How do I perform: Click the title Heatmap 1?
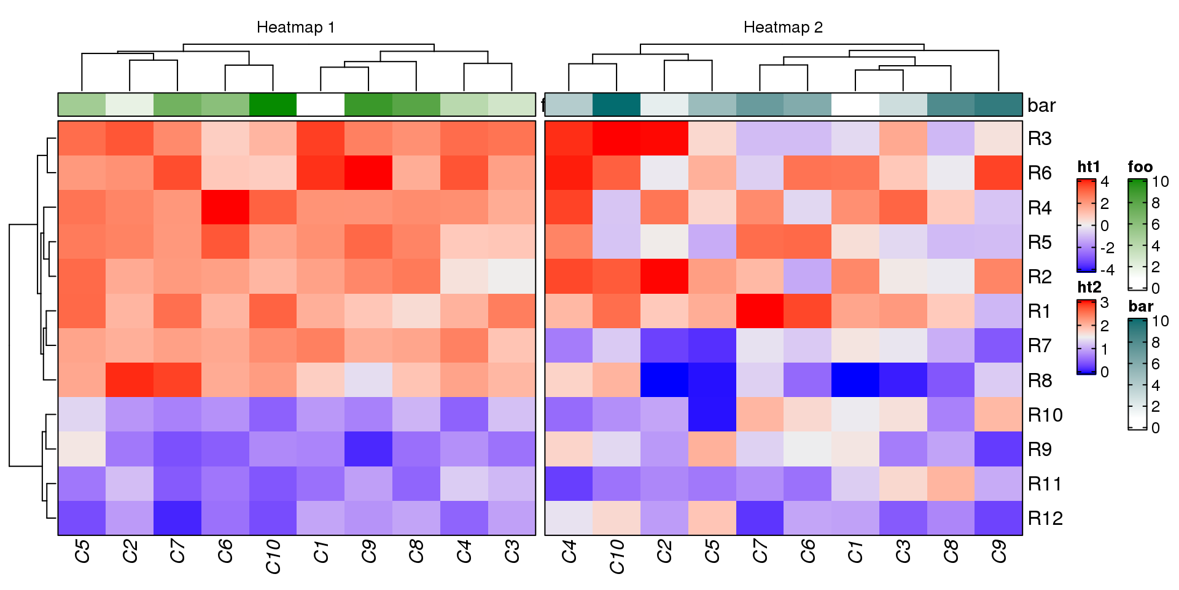point(295,28)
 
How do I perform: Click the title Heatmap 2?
point(783,28)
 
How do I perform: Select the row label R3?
point(1040,139)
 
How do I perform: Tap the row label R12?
point(1045,519)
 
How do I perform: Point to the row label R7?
point(1040,346)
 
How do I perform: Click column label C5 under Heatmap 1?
point(82,551)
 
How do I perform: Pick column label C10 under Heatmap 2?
point(617,556)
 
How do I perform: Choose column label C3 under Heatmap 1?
point(512,551)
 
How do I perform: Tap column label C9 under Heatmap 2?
point(999,551)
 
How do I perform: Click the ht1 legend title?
point(1089,167)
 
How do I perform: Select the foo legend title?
point(1140,167)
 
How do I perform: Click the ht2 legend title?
point(1089,288)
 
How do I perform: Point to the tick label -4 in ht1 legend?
point(1107,270)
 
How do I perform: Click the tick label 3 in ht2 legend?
point(1105,302)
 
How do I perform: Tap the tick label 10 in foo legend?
point(1160,182)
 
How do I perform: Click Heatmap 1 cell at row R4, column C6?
point(225,208)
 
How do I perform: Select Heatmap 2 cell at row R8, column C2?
point(664,380)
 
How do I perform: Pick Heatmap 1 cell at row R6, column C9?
point(368,173)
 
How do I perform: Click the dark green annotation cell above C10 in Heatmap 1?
point(273,105)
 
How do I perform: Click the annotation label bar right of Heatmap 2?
point(1041,106)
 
